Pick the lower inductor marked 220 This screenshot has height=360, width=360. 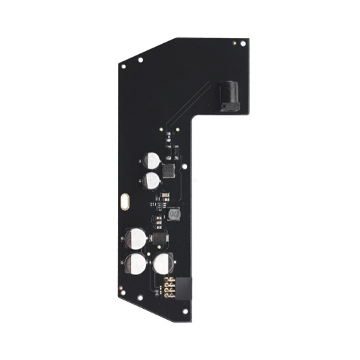click(x=176, y=215)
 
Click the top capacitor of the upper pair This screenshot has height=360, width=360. click(x=151, y=161)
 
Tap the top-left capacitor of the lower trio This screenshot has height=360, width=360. click(x=136, y=238)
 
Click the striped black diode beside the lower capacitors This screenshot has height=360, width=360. click(x=158, y=238)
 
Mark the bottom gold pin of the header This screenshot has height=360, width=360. click(x=171, y=297)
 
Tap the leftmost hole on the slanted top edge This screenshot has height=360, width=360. click(x=124, y=66)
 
